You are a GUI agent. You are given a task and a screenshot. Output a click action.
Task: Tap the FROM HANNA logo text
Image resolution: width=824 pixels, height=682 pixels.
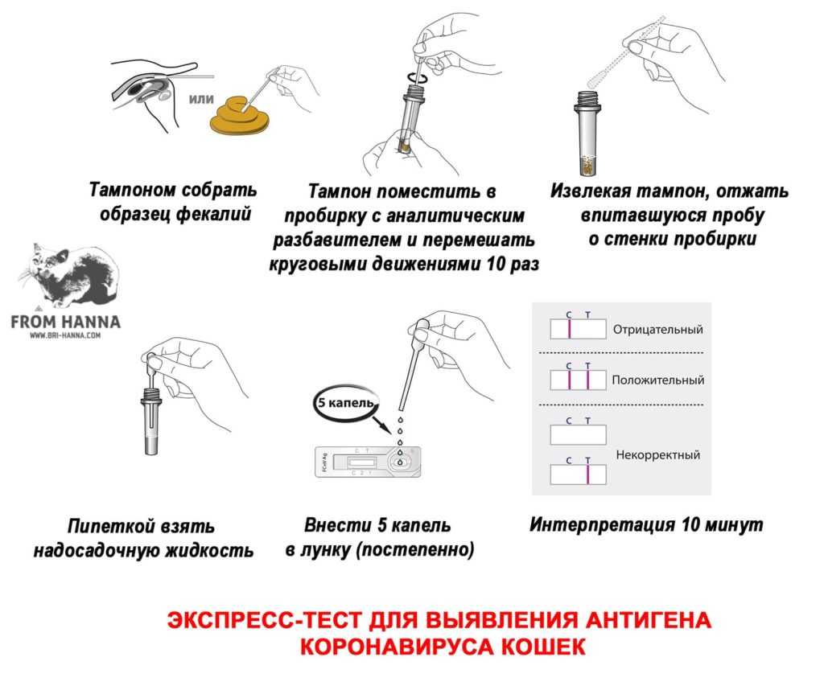click(x=66, y=322)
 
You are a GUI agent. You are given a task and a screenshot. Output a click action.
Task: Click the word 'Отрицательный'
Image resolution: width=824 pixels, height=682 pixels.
click(x=657, y=330)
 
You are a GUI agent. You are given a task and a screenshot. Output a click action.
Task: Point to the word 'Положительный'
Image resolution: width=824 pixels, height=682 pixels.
click(x=657, y=380)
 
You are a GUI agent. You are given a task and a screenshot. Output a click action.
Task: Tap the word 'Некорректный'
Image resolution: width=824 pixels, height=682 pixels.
click(x=657, y=454)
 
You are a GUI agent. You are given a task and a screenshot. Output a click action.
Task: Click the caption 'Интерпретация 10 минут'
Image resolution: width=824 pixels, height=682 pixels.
click(x=646, y=525)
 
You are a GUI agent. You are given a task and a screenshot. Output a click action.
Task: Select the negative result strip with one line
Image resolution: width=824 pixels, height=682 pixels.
click(x=578, y=330)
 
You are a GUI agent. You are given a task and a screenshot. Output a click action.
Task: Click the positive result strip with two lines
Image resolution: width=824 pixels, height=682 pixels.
click(x=578, y=379)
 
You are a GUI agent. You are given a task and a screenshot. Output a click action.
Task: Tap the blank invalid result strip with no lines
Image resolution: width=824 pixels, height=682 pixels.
click(x=578, y=435)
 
